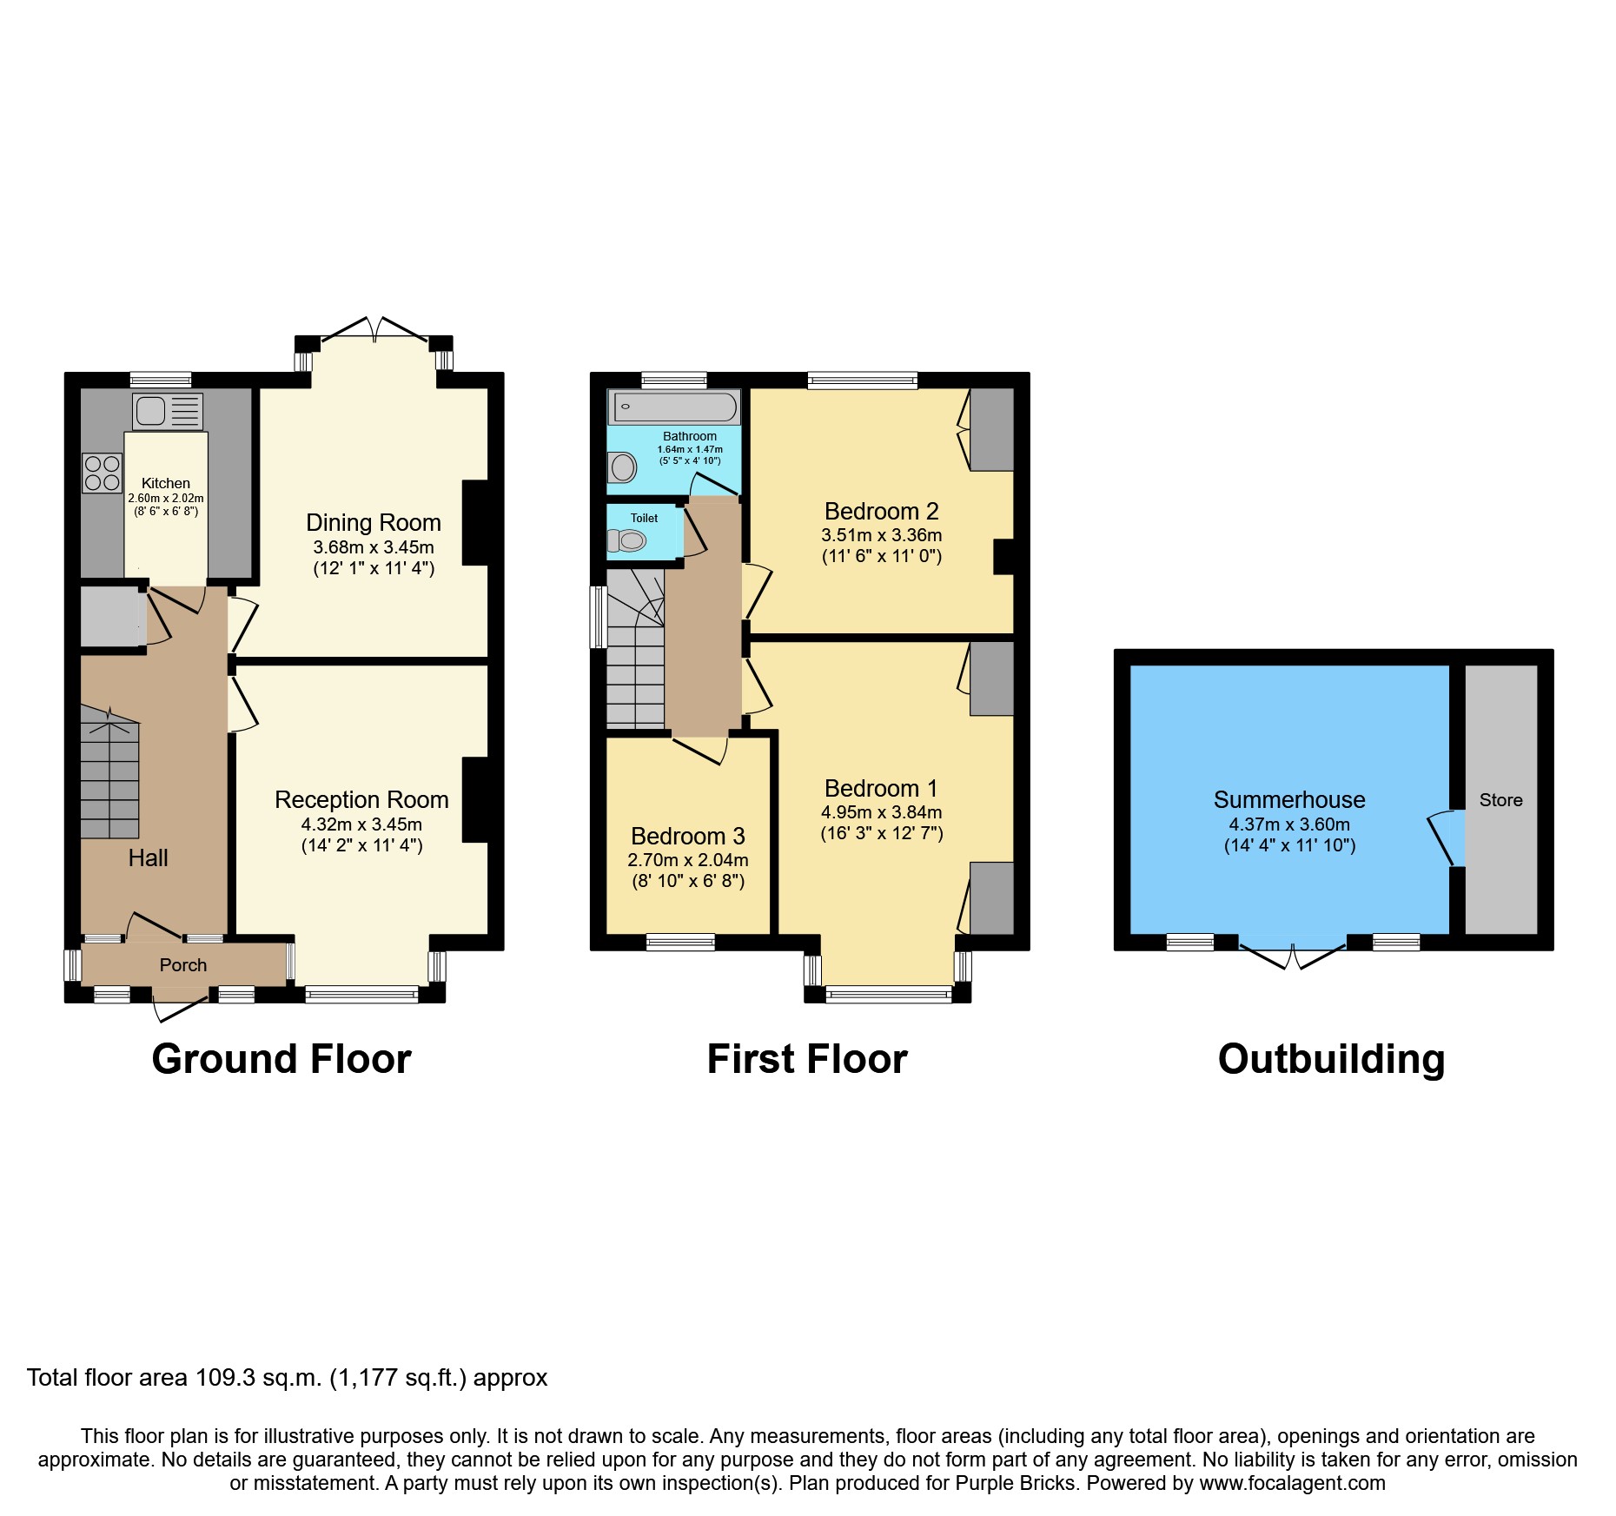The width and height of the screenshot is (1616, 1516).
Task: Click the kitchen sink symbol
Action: click(x=168, y=411)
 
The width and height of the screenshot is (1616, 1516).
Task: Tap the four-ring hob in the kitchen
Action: click(x=102, y=473)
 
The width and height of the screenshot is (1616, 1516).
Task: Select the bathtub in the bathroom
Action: click(x=674, y=407)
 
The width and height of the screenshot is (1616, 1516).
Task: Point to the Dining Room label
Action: click(x=374, y=522)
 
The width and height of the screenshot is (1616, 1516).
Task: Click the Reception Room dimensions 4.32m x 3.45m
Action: click(x=361, y=824)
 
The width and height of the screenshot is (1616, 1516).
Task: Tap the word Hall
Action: click(x=148, y=858)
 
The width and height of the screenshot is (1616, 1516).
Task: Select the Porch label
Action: click(x=183, y=965)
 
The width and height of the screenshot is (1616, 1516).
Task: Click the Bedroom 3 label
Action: click(x=688, y=836)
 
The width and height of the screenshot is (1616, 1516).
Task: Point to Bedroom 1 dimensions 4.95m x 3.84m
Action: click(x=881, y=812)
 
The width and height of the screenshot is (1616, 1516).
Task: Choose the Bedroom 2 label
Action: click(x=881, y=511)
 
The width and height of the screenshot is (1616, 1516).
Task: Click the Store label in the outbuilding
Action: click(x=1500, y=800)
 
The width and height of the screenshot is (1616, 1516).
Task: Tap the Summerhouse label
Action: click(x=1289, y=799)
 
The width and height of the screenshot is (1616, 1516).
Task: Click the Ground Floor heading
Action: click(x=281, y=1059)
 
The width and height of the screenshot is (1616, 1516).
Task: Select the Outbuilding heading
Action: click(x=1331, y=1059)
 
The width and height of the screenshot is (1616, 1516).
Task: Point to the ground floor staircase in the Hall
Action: click(x=109, y=773)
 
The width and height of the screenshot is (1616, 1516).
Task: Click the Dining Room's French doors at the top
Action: click(x=374, y=330)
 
